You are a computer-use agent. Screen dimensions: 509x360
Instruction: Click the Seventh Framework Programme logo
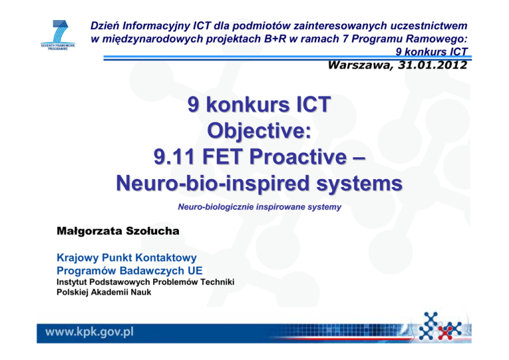coord(58,35)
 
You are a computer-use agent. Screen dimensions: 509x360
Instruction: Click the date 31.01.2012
coord(432,65)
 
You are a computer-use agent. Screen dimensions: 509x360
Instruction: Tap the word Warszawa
coord(361,65)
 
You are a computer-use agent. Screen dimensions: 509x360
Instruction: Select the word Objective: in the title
coord(259,131)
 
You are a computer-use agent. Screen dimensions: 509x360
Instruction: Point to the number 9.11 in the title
coord(174,156)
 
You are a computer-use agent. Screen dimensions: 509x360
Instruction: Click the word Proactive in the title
coord(298,156)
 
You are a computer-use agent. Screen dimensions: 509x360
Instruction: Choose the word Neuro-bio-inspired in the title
coord(213,184)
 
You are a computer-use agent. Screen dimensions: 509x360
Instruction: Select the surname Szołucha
coord(152,231)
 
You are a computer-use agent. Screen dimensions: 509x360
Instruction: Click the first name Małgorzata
coord(89,231)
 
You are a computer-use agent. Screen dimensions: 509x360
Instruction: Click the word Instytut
coord(72,282)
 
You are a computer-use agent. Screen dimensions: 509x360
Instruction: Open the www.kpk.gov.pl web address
coord(89,332)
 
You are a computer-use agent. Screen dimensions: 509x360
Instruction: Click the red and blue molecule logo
coord(440,326)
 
